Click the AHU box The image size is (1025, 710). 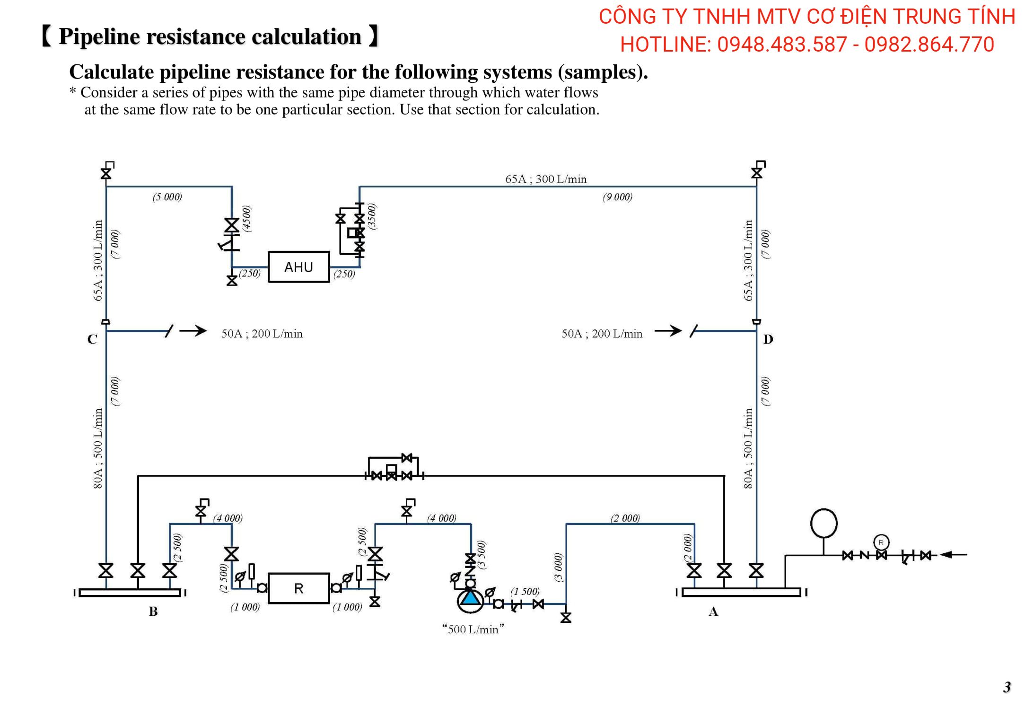(x=298, y=267)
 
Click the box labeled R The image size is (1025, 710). (x=298, y=588)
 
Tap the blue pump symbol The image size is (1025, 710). (x=470, y=599)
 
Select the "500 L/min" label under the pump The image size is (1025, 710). (x=473, y=630)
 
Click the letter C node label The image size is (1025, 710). (x=92, y=339)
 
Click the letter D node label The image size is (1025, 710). (x=768, y=339)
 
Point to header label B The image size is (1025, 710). (x=153, y=612)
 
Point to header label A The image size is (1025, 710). (x=713, y=612)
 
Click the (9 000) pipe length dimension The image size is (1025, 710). (x=617, y=197)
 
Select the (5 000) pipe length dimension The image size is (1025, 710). (x=167, y=197)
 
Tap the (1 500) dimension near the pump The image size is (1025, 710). (x=525, y=592)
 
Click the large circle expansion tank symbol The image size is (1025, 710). (x=824, y=524)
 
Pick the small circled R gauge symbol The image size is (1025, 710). (x=881, y=542)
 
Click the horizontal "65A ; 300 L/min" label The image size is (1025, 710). (x=546, y=179)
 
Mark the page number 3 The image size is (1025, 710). (x=1007, y=687)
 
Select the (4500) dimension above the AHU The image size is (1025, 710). (x=247, y=219)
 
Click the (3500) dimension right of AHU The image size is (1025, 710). (x=372, y=216)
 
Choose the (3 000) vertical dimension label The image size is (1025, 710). (x=559, y=567)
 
